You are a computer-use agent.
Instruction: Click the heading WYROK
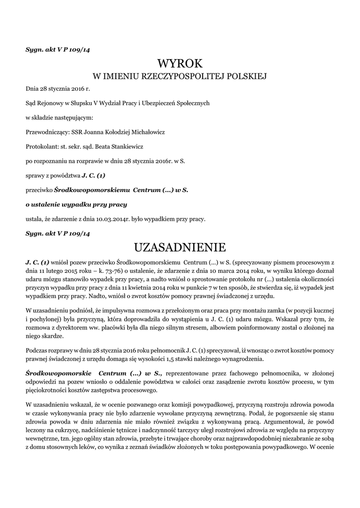click(180, 63)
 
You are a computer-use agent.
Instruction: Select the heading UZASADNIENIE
click(180, 247)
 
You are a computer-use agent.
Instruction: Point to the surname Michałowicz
click(146, 132)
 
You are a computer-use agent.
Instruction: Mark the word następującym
click(73, 118)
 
